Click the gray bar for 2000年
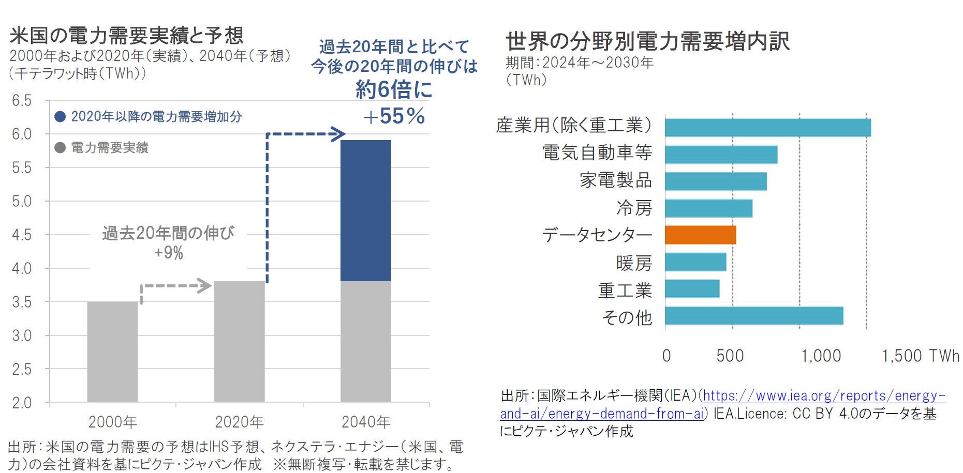(x=112, y=352)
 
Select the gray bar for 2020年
(x=239, y=341)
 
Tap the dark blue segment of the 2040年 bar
(x=365, y=210)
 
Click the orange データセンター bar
(x=700, y=235)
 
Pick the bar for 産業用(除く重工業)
(x=767, y=128)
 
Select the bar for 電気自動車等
(x=721, y=155)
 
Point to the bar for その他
(x=754, y=316)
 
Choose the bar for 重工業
(x=692, y=289)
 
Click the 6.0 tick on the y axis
(x=22, y=134)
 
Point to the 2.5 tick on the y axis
(x=22, y=369)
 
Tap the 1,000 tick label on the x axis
(x=821, y=356)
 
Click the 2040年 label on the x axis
(x=365, y=422)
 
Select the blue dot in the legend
(x=60, y=117)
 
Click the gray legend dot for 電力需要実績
(x=60, y=148)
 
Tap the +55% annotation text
(x=394, y=116)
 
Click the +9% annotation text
(x=169, y=253)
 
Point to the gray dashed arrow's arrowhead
(x=205, y=286)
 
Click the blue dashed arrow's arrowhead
(x=338, y=134)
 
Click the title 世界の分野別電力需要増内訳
(x=647, y=41)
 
